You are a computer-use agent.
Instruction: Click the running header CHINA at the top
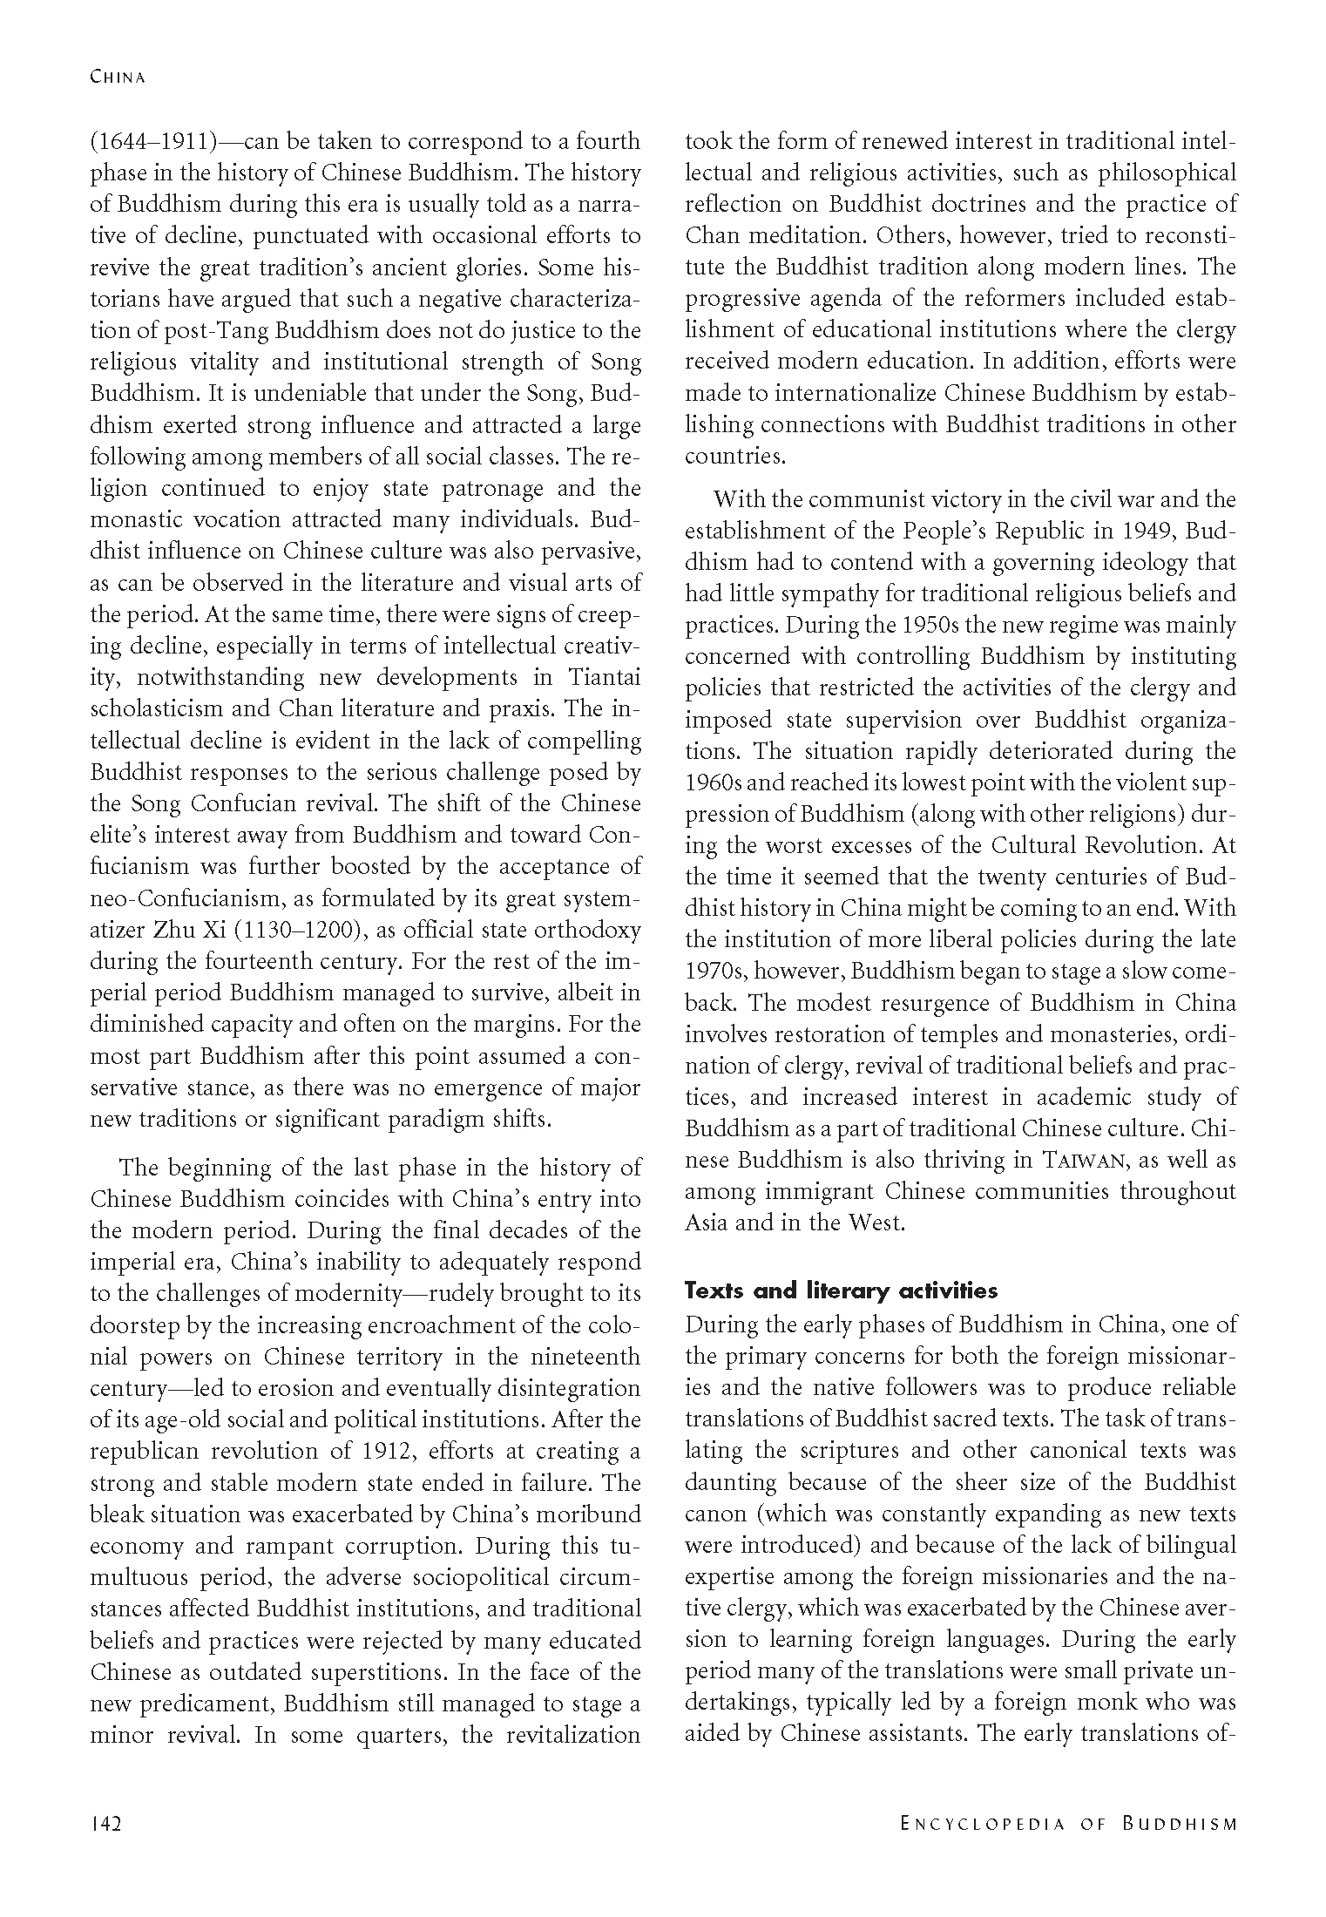click(x=118, y=77)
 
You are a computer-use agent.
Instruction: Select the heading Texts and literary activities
click(x=841, y=1290)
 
